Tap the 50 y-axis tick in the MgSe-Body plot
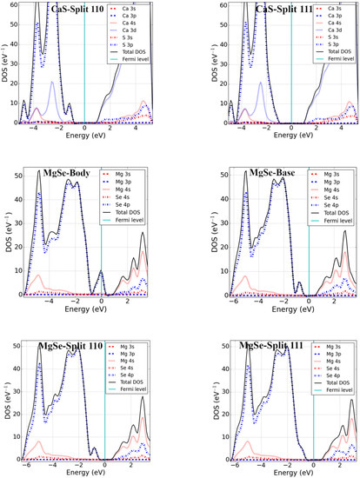(15, 178)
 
